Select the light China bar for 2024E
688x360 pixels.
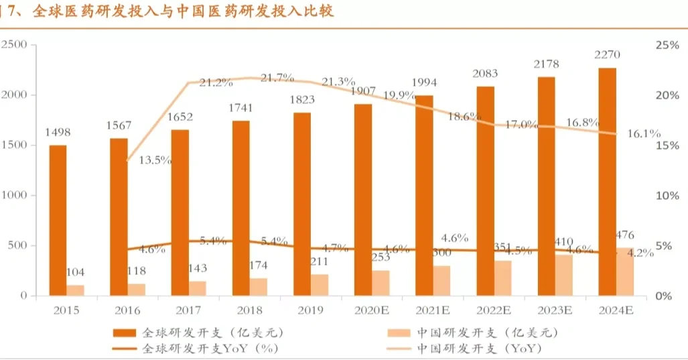(624, 272)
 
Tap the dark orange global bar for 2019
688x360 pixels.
(302, 204)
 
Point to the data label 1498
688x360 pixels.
(58, 132)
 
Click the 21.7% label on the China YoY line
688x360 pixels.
(277, 78)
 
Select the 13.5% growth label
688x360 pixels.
(155, 160)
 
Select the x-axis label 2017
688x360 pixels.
(188, 310)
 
